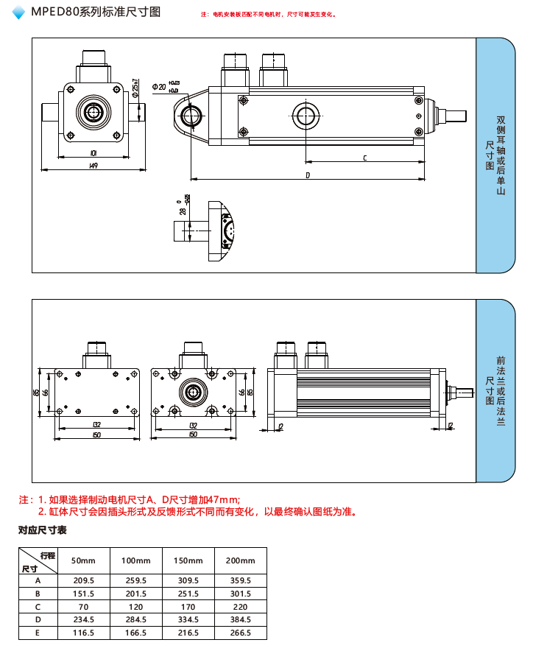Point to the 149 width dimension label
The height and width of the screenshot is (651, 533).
(x=93, y=166)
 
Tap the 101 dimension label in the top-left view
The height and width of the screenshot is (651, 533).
(x=93, y=152)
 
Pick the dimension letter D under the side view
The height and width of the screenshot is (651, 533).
(x=307, y=175)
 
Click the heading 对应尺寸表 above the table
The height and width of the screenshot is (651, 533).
(x=43, y=530)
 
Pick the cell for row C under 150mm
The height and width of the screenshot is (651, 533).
(x=188, y=607)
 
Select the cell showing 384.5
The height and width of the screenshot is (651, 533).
(x=240, y=619)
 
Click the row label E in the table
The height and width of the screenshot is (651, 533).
(x=38, y=633)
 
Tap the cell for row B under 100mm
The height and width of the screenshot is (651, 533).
(x=135, y=594)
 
